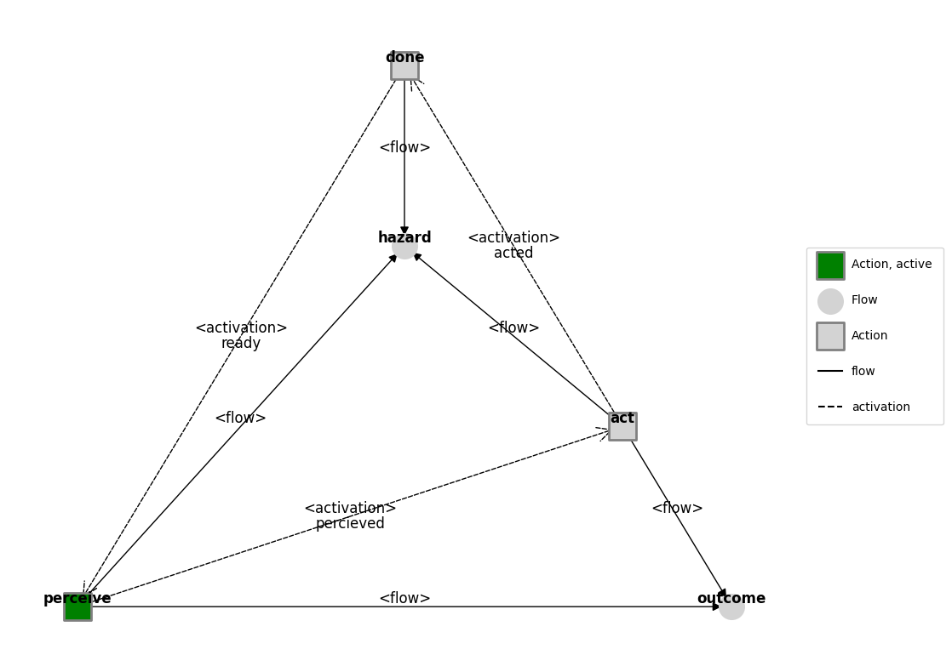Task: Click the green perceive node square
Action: [77, 607]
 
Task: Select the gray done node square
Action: [404, 66]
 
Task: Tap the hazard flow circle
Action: [404, 247]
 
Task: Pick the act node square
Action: [622, 426]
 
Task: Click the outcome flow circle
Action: [731, 607]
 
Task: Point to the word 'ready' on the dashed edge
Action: [241, 344]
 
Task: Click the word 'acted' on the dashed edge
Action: [513, 253]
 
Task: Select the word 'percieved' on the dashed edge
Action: [350, 524]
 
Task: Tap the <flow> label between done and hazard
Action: [404, 148]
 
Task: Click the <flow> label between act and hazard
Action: [513, 328]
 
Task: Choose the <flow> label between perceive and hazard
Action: [241, 419]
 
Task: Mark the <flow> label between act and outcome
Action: [677, 509]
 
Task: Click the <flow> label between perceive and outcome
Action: [404, 599]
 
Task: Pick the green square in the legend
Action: [830, 265]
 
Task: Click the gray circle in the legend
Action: [830, 301]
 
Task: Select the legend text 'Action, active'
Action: [892, 265]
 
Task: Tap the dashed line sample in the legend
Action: [830, 407]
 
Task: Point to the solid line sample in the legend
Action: [830, 371]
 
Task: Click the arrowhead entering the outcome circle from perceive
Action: [717, 607]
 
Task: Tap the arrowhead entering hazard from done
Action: [404, 231]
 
